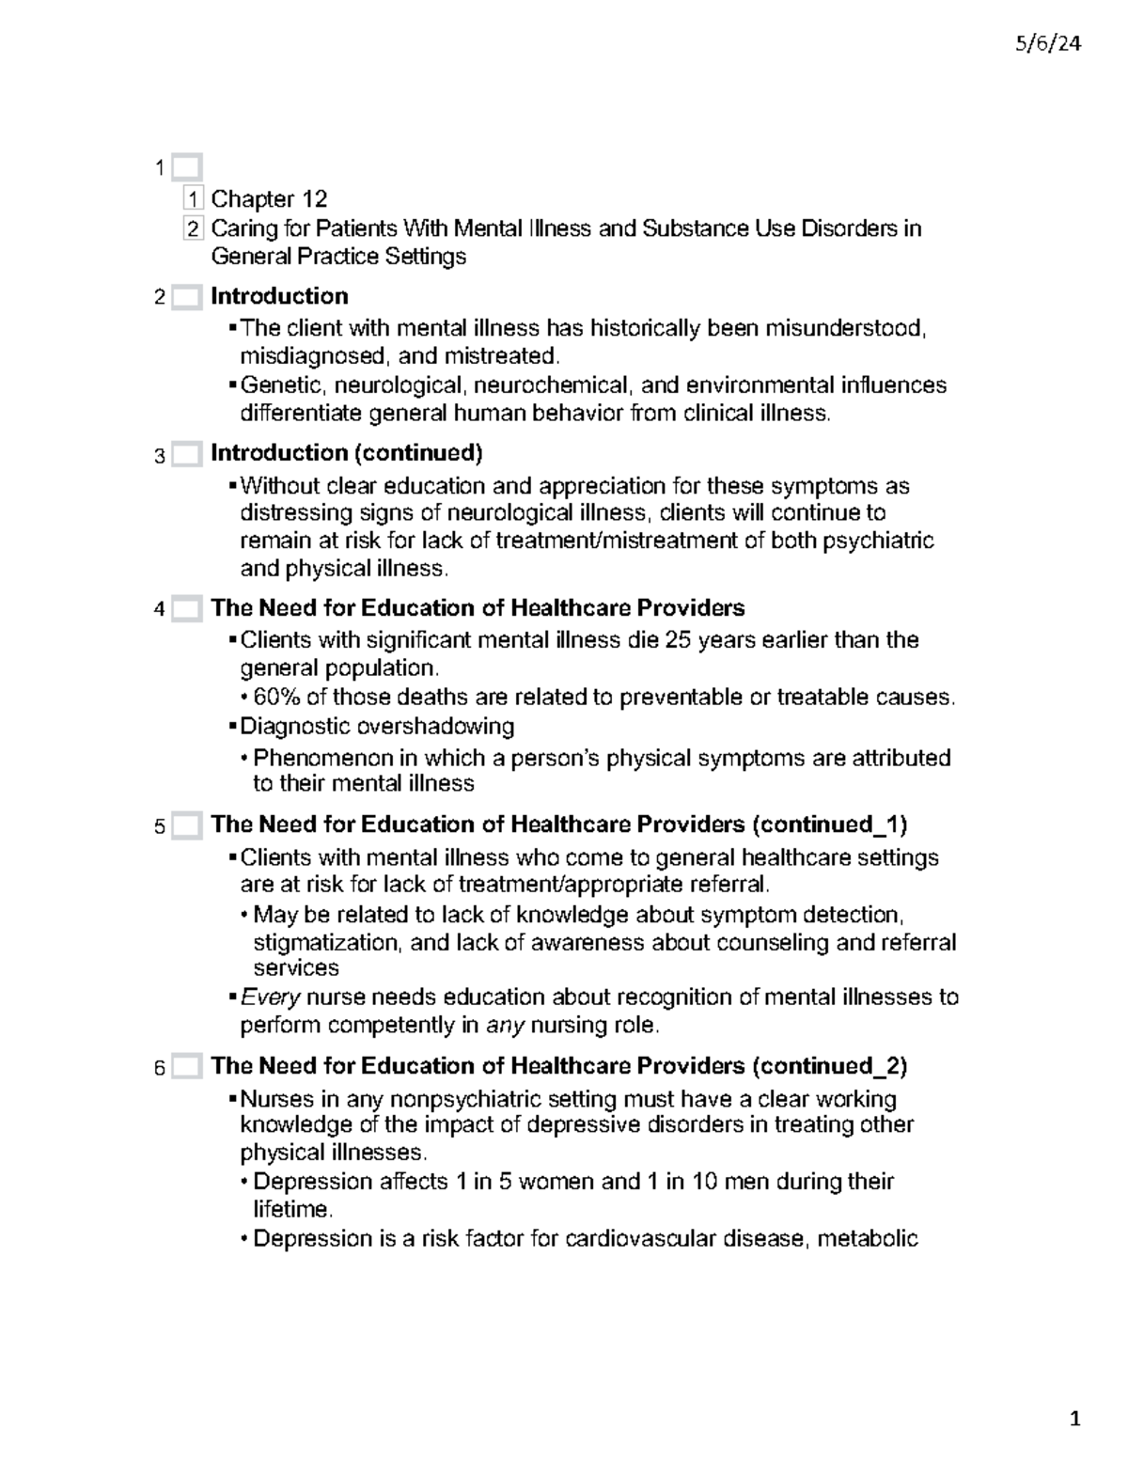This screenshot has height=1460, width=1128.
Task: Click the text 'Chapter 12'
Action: click(x=269, y=198)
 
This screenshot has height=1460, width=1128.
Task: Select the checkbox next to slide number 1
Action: click(x=187, y=168)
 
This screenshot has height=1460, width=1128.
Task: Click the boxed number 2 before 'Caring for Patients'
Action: click(x=194, y=228)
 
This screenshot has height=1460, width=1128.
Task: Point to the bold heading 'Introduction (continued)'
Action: click(x=346, y=453)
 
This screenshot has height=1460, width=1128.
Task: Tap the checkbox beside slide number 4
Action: click(x=187, y=609)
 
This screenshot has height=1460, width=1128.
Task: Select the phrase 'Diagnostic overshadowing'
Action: click(x=377, y=726)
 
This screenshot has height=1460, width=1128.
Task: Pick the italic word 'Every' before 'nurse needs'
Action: click(x=270, y=997)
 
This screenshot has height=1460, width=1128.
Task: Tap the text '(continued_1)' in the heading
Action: click(x=829, y=824)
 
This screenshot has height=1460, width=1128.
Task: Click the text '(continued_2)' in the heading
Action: click(x=829, y=1066)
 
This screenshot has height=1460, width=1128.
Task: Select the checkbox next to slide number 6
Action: click(x=187, y=1068)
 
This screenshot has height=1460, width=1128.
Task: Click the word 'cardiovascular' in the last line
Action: click(x=640, y=1238)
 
